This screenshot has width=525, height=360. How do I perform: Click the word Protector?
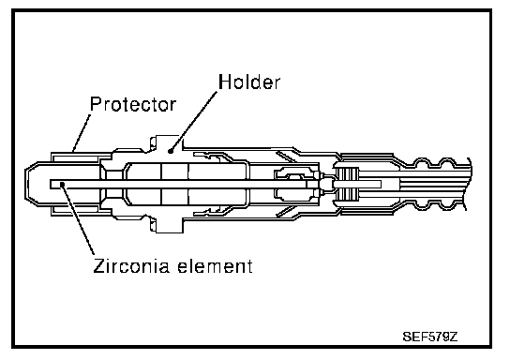pyautogui.click(x=133, y=104)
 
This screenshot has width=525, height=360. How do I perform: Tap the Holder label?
pyautogui.click(x=249, y=82)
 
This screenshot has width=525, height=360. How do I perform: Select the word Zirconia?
pyautogui.click(x=131, y=266)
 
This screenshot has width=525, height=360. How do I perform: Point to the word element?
pyautogui.click(x=215, y=266)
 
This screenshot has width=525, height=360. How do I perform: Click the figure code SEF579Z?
pyautogui.click(x=430, y=337)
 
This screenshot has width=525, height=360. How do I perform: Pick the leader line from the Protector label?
pyautogui.click(x=82, y=133)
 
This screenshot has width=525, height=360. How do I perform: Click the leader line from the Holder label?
pyautogui.click(x=194, y=121)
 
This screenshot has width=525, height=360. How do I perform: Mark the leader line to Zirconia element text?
pyautogui.click(x=77, y=219)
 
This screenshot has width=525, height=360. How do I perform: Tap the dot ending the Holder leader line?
pyautogui.click(x=171, y=151)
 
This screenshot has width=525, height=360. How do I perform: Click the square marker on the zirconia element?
pyautogui.click(x=62, y=184)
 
